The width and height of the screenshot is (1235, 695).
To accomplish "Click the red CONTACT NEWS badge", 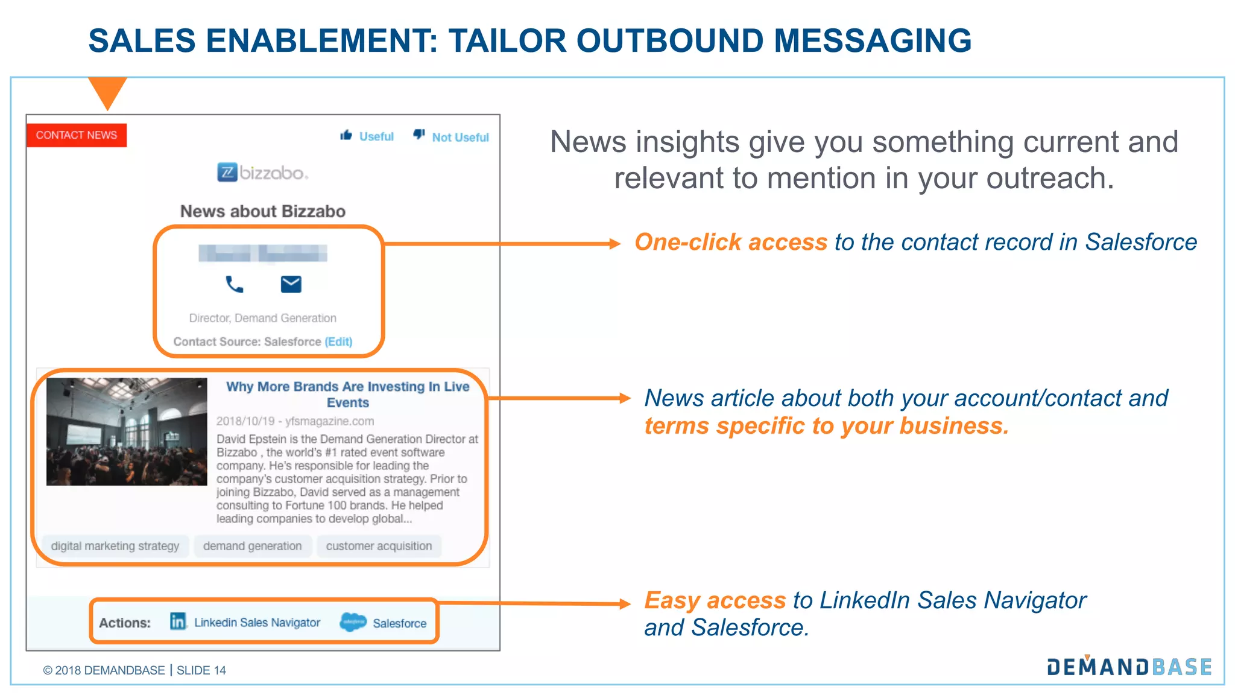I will [77, 135].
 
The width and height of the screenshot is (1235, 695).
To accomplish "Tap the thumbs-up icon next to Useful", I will [346, 135].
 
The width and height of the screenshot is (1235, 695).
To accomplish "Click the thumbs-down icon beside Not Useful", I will [419, 135].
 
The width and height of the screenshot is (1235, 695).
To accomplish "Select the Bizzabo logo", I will [262, 173].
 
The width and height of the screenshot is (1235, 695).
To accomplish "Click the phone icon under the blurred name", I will [234, 284].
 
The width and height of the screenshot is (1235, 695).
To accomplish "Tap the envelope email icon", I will [291, 284].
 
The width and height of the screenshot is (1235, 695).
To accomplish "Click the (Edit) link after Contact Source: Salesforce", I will [338, 341].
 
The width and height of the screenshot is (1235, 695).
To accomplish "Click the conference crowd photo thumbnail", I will [127, 431].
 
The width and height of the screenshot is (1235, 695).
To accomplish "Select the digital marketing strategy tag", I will [115, 546].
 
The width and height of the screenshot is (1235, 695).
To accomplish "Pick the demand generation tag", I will [252, 546].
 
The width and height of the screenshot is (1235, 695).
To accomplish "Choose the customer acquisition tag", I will [379, 546].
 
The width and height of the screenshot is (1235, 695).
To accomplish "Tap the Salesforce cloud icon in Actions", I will [353, 621].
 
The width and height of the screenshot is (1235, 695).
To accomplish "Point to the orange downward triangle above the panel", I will [107, 90].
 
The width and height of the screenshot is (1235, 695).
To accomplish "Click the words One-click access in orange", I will [730, 242].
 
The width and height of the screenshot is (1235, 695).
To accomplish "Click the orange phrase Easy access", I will [715, 600].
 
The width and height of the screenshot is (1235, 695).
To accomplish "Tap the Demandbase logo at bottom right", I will [1129, 667].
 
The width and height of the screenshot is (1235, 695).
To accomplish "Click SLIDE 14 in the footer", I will [201, 670].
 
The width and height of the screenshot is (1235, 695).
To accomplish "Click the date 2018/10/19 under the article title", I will [245, 421].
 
